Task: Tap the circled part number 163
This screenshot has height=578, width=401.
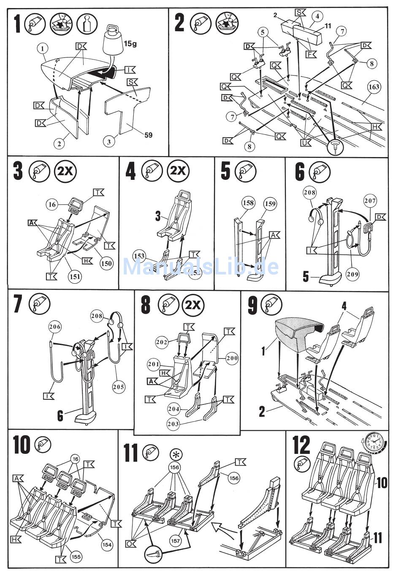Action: coord(374,87)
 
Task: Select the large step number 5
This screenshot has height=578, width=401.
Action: coord(226,171)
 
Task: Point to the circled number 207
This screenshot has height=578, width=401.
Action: coord(370,201)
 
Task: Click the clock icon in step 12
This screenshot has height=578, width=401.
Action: coord(374,444)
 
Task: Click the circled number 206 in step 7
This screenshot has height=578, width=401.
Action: coord(55,326)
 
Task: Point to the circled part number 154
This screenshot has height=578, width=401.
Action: coord(107,545)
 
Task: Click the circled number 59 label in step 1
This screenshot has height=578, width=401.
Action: coord(148,135)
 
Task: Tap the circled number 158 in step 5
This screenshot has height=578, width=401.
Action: coord(248,203)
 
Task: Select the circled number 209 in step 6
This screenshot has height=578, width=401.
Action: coord(353,274)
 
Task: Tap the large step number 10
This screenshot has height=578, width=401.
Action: coord(22,445)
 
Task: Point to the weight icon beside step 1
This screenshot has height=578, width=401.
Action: coord(87,23)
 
